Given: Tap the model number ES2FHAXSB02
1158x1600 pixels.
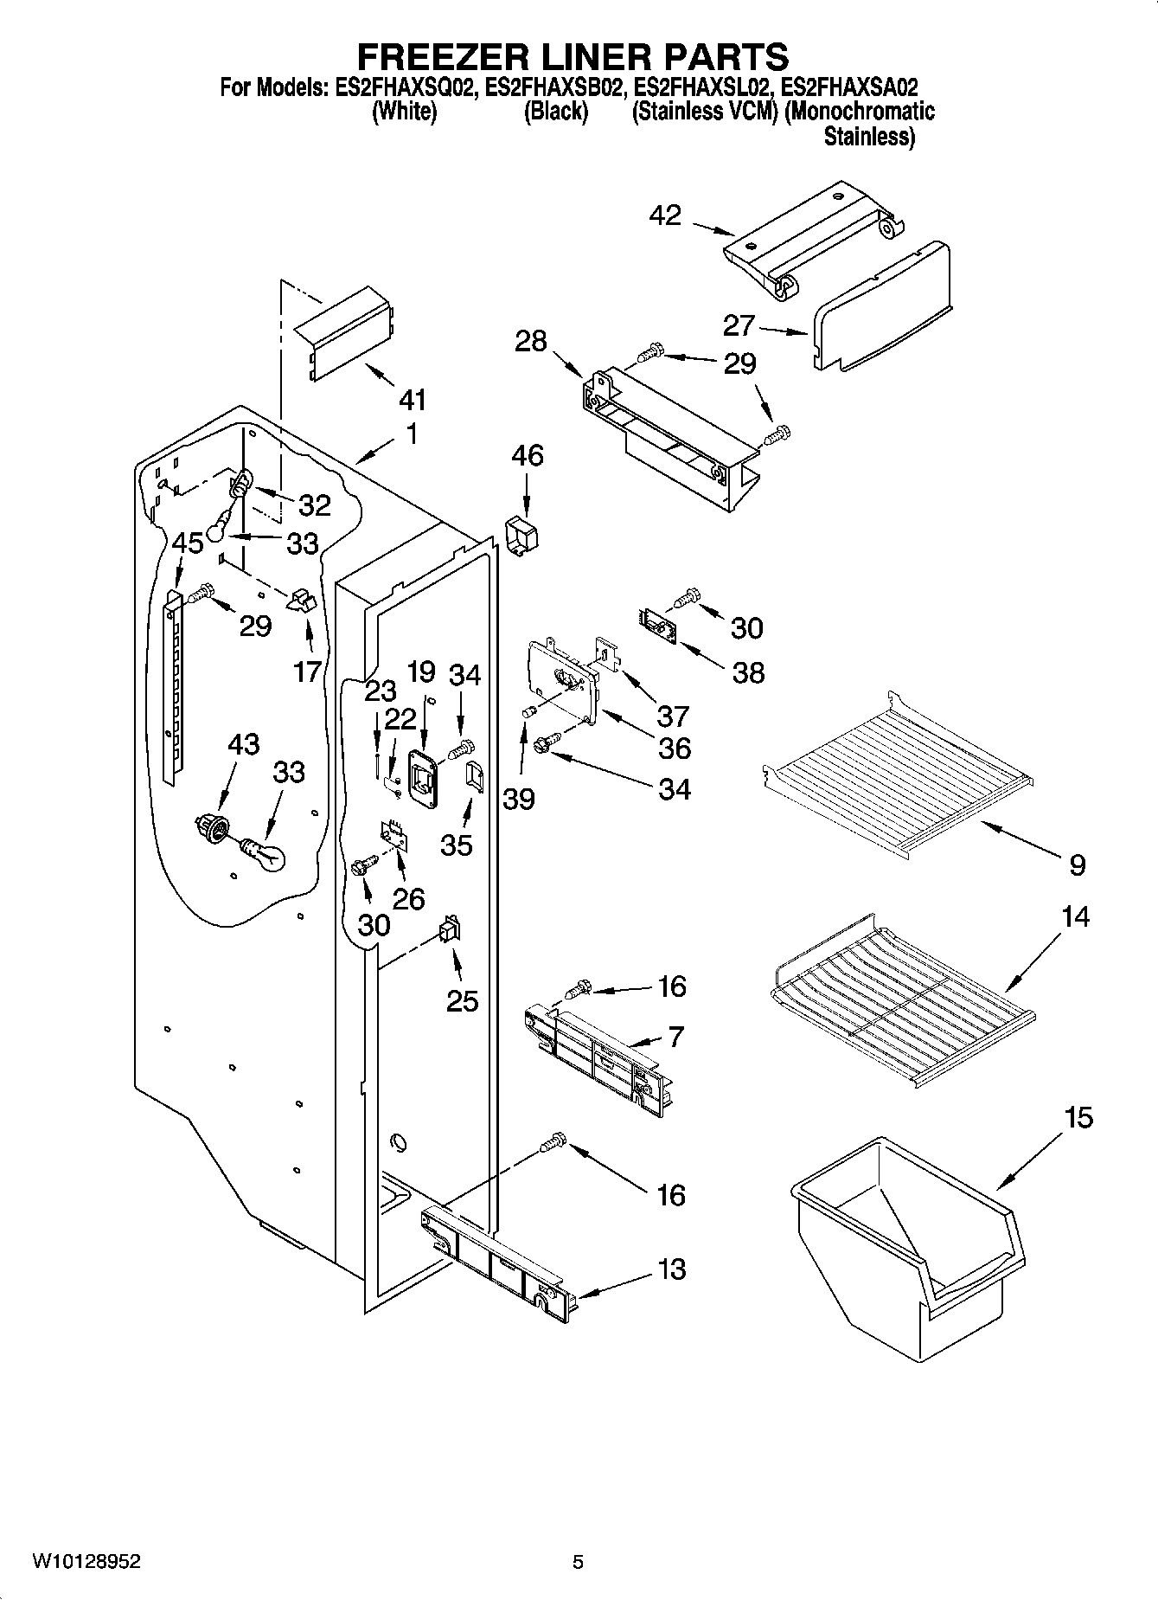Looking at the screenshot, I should coord(553,87).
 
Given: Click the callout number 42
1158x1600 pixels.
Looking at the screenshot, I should coord(665,215).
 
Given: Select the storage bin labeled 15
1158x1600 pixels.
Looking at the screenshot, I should coord(905,1243).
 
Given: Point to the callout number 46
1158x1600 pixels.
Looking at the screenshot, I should coord(528,455).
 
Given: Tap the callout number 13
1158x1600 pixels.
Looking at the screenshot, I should coord(671,1269).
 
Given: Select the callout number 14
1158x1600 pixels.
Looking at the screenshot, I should coord(1075,916).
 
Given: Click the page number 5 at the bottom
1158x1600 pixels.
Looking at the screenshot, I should coord(578,1562).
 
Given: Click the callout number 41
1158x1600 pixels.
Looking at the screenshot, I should coord(413,400).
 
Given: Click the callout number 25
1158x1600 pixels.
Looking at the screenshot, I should coord(462,1001).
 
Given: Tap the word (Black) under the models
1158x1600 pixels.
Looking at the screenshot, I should coord(555,112).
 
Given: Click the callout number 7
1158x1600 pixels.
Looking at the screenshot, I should coord(675,1036).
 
